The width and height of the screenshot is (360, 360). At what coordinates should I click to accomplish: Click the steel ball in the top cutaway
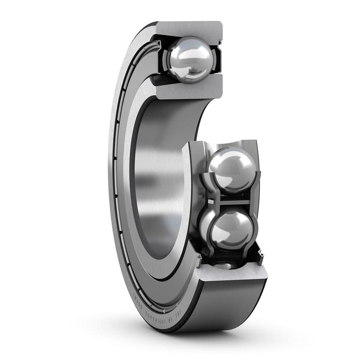189,59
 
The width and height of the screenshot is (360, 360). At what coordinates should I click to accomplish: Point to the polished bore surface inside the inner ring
157,180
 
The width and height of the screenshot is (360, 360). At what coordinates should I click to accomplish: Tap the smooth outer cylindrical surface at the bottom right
225,306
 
